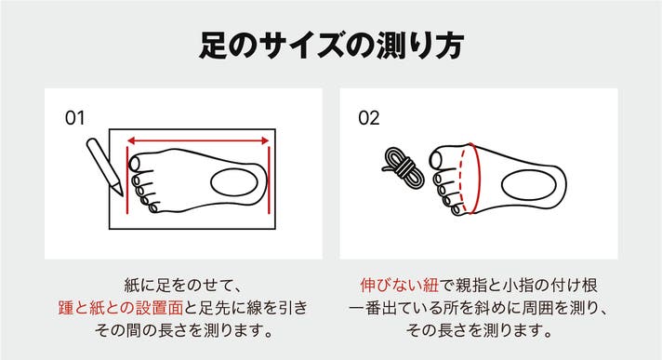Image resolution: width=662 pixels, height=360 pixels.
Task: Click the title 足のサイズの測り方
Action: pos(331,45)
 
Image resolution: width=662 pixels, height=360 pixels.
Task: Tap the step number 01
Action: pos(74,118)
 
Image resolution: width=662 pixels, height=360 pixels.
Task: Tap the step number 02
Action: pos(368,118)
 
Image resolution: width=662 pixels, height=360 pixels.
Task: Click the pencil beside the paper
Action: pos(105,167)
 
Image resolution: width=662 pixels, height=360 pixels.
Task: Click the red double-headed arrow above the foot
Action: pos(198,140)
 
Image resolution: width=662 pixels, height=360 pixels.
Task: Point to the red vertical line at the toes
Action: pos(127,180)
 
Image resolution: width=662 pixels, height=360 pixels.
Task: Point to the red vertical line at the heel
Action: pos(269,180)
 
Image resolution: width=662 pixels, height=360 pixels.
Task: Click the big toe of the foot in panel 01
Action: pos(135,163)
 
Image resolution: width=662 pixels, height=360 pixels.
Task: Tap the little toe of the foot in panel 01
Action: pos(153,207)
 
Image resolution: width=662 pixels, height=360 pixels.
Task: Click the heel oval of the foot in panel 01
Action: pos(234,182)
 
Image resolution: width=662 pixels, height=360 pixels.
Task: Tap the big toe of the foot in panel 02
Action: pos(437,159)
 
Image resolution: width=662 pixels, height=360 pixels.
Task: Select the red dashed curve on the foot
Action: pos(464,180)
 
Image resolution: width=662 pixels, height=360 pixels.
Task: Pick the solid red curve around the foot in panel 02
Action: pos(477,179)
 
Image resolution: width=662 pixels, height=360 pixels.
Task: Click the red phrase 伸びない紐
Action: pos(400,286)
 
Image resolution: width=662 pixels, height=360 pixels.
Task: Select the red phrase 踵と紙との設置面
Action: pos(121,308)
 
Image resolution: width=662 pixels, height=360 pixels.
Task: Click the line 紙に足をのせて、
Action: pos(183,286)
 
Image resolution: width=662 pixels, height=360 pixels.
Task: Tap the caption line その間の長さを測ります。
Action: pos(183,330)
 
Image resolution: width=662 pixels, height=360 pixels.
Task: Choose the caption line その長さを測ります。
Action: pos(479,330)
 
